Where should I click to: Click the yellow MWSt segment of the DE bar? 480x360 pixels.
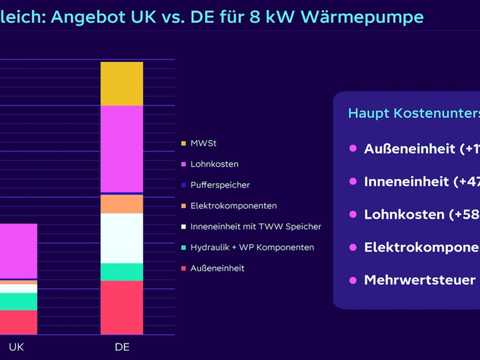click(122, 83)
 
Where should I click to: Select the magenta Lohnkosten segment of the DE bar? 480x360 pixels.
click(122, 148)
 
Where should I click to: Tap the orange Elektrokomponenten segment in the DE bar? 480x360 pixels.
click(122, 204)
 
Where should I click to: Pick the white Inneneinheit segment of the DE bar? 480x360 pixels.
click(122, 238)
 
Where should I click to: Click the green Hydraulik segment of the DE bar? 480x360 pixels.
click(122, 272)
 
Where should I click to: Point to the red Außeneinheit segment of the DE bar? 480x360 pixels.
click(122, 307)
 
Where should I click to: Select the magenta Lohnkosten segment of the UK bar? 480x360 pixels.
click(18, 251)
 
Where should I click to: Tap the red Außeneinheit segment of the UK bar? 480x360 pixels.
click(18, 322)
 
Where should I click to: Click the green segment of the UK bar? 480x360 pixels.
click(18, 301)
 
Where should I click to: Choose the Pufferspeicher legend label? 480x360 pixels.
click(220, 185)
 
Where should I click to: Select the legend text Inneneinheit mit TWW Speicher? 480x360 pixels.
click(256, 226)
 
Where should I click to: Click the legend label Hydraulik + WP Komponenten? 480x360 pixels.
click(252, 247)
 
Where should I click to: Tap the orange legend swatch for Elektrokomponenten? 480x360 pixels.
click(183, 206)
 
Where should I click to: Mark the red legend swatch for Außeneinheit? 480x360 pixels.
click(183, 268)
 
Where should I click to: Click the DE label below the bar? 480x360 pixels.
click(122, 347)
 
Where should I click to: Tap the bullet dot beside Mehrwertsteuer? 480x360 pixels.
click(353, 280)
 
